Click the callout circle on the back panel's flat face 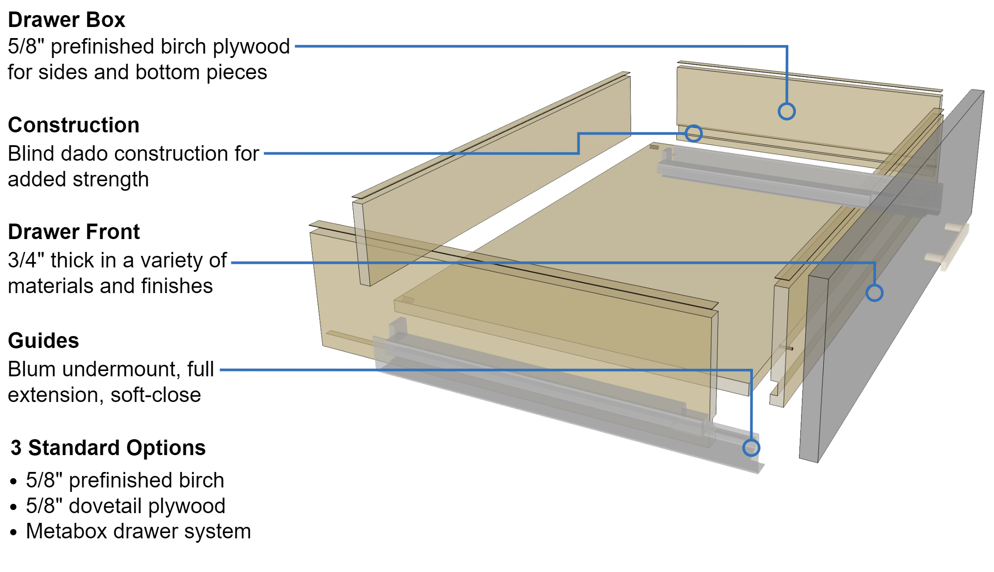[x=787, y=111]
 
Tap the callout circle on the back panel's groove [x=694, y=133]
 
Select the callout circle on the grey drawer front [x=874, y=293]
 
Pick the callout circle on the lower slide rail [x=751, y=448]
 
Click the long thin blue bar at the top [x=532, y=50]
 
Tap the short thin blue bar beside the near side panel [x=270, y=265]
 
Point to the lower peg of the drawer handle [x=932, y=257]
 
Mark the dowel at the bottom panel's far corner [x=655, y=147]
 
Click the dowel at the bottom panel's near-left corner [x=408, y=300]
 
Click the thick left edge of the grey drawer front [x=813, y=367]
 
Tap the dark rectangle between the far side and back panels [x=654, y=106]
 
